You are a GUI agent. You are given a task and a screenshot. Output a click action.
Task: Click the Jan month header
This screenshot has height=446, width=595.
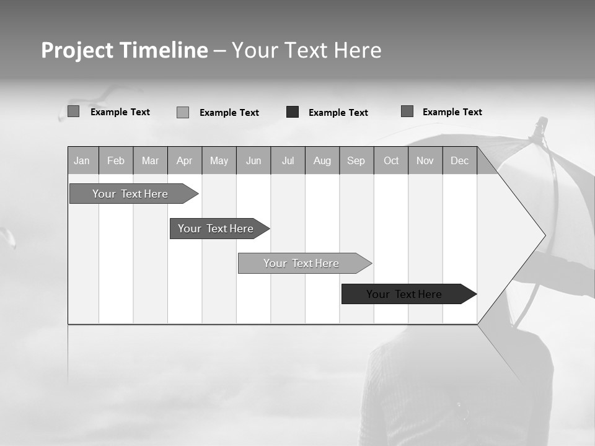click(x=82, y=160)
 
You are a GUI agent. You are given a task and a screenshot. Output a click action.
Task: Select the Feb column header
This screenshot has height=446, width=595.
click(x=116, y=160)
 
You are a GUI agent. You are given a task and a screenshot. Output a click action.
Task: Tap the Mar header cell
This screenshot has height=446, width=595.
click(x=150, y=160)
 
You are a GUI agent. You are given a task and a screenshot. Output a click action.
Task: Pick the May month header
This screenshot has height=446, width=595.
click(x=219, y=160)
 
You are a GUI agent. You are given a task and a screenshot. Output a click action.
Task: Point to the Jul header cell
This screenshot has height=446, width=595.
click(x=288, y=160)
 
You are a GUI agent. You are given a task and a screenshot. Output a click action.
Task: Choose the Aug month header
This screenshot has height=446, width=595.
click(x=322, y=160)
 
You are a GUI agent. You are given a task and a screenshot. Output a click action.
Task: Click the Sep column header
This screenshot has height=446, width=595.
click(x=356, y=160)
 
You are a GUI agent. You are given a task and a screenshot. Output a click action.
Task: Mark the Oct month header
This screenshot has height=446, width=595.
click(x=391, y=160)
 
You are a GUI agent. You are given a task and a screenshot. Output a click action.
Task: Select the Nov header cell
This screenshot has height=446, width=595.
click(x=425, y=160)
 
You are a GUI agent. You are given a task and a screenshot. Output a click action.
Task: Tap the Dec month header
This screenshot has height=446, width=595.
click(x=460, y=160)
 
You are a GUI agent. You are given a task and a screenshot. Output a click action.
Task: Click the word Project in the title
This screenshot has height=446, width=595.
click(x=77, y=50)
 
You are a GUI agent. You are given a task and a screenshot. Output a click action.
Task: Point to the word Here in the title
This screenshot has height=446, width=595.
click(x=358, y=50)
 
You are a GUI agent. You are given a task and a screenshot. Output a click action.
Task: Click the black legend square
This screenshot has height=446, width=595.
click(x=293, y=112)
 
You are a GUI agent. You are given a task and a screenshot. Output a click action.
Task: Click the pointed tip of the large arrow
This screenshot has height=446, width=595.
click(x=544, y=235)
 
